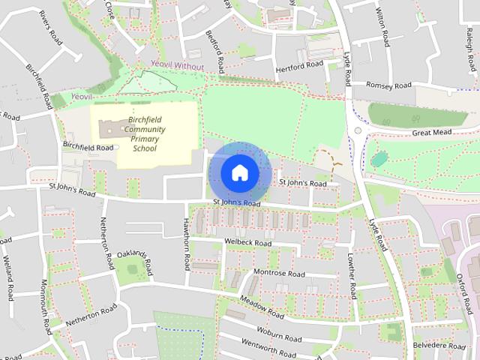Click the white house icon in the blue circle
[239, 172]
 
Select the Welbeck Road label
[247, 243]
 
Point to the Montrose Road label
[279, 273]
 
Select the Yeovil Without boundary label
[178, 66]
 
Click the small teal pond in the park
[378, 158]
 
